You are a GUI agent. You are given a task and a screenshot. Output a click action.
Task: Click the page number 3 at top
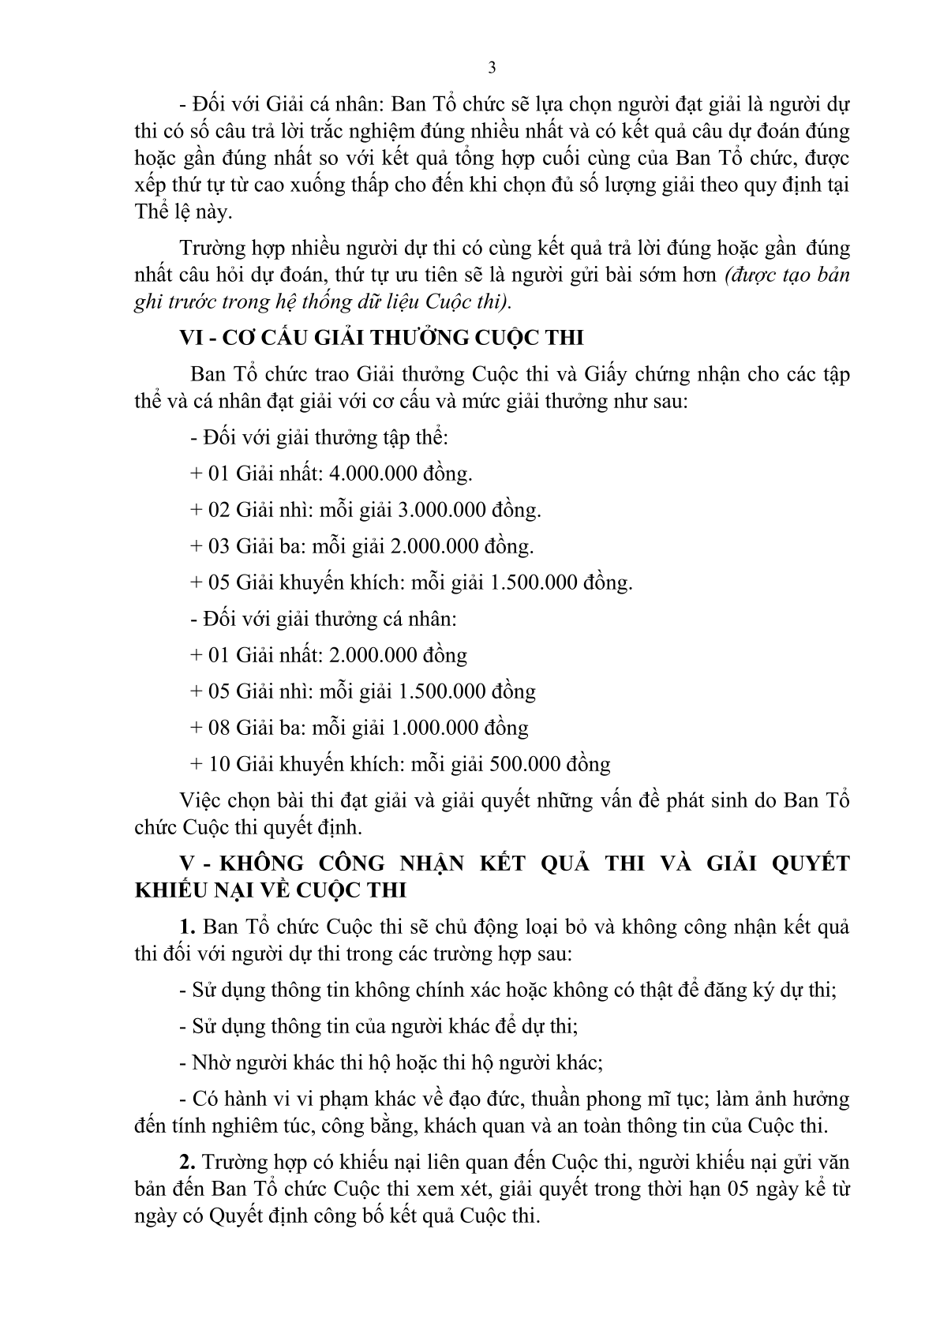(492, 68)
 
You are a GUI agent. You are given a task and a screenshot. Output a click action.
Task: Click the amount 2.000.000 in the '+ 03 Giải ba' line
(433, 546)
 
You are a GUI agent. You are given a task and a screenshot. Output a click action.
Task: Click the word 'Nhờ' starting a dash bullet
(208, 1062)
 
